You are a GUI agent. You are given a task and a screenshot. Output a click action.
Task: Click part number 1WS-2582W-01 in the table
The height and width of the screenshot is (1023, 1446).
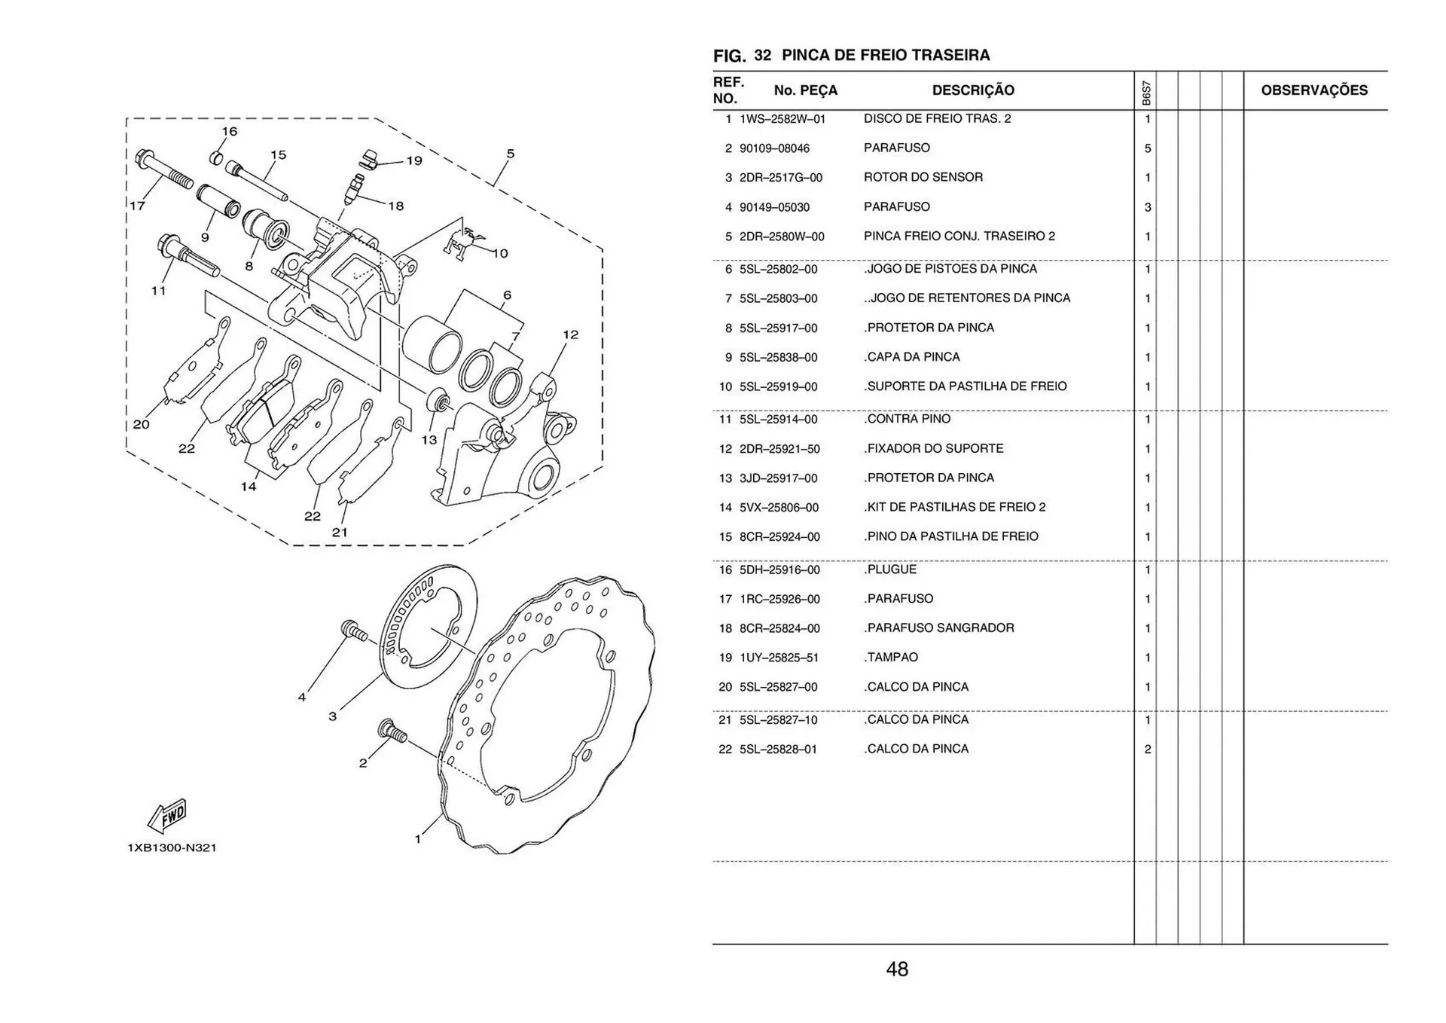tap(782, 119)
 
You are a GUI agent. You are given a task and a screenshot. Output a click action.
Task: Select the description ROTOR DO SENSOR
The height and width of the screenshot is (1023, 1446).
tap(923, 177)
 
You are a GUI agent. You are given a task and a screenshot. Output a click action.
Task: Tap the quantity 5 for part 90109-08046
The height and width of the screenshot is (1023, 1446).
tap(1147, 148)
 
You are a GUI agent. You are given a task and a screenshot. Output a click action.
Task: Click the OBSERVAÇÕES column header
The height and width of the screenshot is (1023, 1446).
tap(1313, 90)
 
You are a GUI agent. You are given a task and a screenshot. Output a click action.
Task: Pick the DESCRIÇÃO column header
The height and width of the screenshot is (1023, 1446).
tap(973, 90)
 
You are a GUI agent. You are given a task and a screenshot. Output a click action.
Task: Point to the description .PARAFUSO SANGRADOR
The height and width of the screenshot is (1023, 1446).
tap(939, 628)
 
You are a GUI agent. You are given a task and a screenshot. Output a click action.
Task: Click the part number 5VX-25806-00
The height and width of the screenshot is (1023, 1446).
tap(779, 508)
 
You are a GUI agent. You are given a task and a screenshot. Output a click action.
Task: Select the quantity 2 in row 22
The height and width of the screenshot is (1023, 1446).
tap(1147, 749)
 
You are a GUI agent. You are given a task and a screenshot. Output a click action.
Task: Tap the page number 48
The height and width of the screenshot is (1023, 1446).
tap(897, 969)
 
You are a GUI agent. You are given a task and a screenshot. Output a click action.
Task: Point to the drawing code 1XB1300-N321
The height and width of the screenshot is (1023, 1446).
tap(172, 847)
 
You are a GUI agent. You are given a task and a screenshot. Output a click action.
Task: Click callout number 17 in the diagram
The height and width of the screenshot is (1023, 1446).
tap(137, 205)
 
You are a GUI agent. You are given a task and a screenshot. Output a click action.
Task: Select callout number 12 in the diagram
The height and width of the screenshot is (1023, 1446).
tap(570, 334)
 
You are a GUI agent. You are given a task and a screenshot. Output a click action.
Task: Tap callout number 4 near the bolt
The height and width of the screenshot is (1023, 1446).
tap(302, 698)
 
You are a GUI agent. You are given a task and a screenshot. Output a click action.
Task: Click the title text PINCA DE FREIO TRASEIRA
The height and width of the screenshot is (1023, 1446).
tap(886, 55)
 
